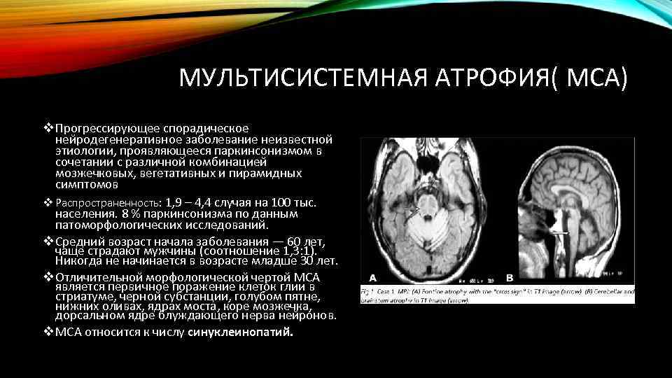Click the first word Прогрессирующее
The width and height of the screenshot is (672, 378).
(104, 128)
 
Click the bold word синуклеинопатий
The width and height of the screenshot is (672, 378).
(240, 332)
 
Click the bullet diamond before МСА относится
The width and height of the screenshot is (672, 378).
(48, 331)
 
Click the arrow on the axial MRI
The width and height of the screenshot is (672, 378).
(412, 209)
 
